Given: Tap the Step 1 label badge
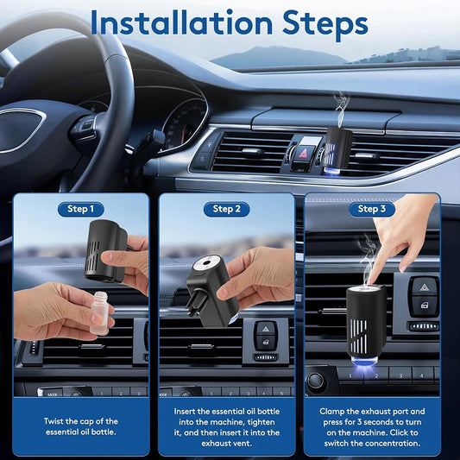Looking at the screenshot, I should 80,209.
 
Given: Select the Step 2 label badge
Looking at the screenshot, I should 226,209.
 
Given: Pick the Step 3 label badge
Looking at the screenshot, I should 372,209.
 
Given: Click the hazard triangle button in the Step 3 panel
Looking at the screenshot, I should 421,287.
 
